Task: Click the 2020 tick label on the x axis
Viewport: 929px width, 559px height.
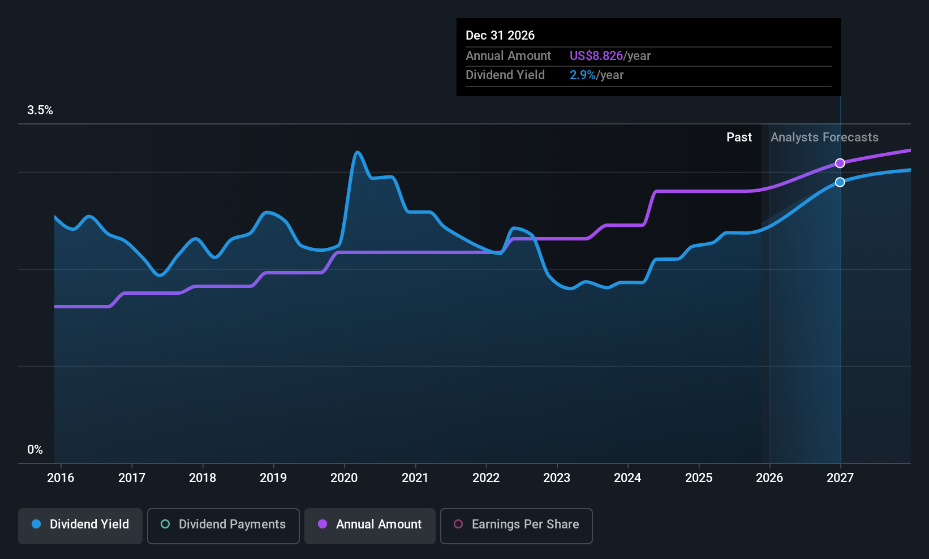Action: tap(344, 478)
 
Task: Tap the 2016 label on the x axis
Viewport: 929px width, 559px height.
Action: tap(61, 478)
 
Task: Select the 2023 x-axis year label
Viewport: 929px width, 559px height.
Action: tap(557, 478)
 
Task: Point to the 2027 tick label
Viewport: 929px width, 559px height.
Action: tap(840, 478)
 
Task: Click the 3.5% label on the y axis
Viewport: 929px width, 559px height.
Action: tap(40, 110)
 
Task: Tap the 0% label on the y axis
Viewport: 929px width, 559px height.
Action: tap(35, 450)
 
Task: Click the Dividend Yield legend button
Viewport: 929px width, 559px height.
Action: tap(80, 524)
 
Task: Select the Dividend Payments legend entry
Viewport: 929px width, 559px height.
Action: tap(223, 524)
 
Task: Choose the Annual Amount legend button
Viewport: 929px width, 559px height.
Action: tap(370, 524)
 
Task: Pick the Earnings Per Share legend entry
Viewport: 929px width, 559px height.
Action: tap(517, 524)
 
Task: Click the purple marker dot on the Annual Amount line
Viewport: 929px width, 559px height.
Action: tap(840, 163)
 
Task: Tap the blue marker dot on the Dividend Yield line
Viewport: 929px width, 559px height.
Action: tap(840, 182)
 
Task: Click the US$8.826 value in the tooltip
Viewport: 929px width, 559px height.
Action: tap(596, 56)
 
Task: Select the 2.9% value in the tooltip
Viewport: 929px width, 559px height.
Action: tap(582, 75)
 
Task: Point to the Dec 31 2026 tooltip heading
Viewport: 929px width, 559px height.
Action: tap(500, 36)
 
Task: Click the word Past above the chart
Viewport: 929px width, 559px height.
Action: tap(739, 137)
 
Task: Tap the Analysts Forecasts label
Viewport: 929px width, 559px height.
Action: tap(824, 137)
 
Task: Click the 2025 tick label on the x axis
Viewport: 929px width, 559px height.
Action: tap(699, 478)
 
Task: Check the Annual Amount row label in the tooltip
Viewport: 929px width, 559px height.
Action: tap(508, 56)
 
